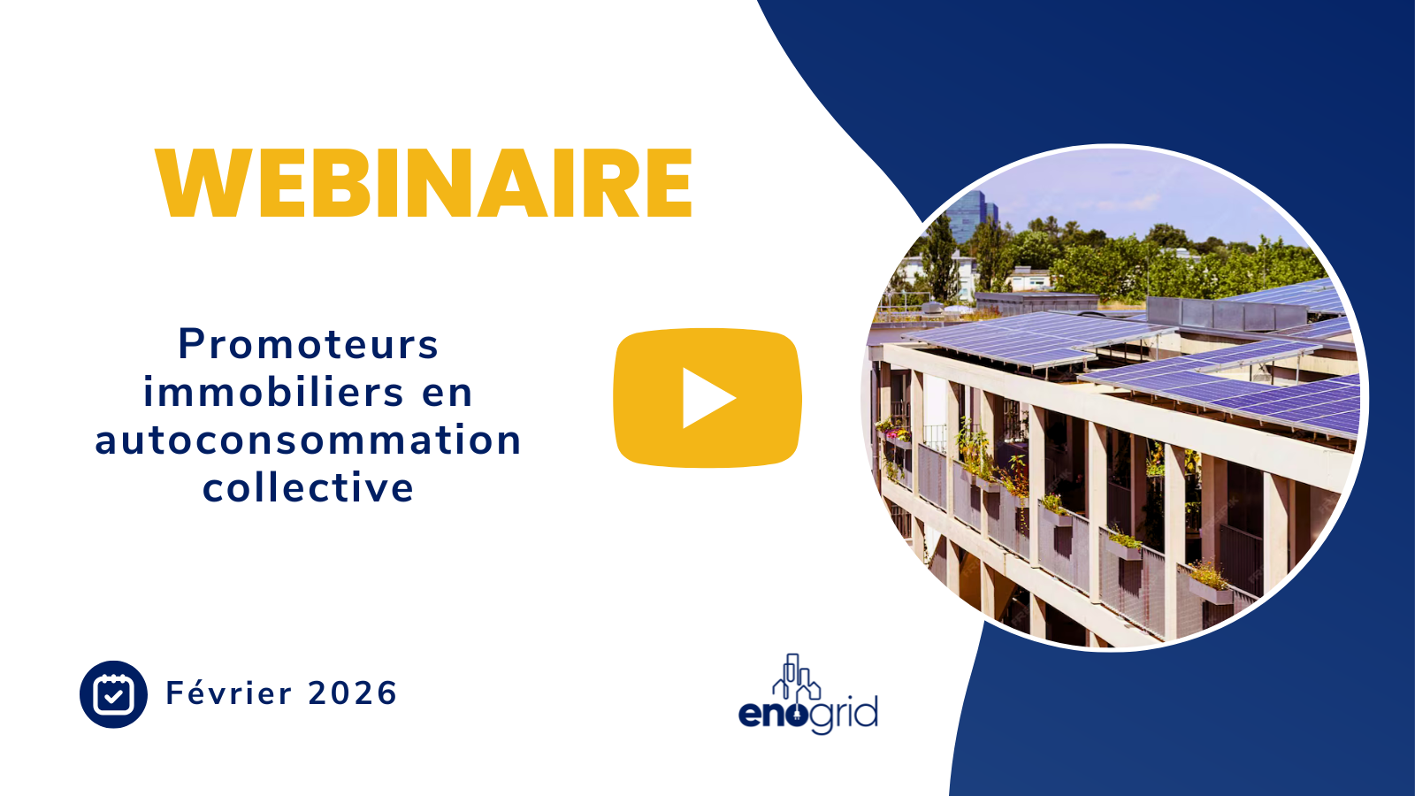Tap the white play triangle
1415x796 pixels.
[707, 398]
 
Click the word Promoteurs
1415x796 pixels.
[309, 344]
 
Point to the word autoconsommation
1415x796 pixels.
[309, 440]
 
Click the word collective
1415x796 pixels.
[309, 487]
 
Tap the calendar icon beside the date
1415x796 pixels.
[113, 694]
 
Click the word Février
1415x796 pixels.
[229, 693]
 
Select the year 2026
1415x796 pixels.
[353, 693]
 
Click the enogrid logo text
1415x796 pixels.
[807, 713]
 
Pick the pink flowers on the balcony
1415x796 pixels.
[897, 434]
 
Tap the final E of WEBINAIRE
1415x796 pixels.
[669, 183]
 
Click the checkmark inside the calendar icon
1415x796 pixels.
[113, 697]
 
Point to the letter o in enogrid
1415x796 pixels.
[797, 713]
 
